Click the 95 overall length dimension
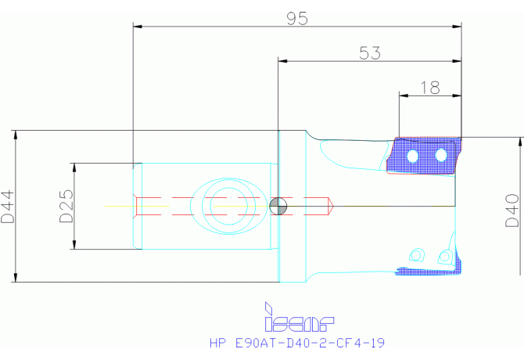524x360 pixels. pos(297,19)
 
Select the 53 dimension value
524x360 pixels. pos(370,53)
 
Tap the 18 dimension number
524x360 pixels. pos(430,88)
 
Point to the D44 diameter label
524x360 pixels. pos(8,207)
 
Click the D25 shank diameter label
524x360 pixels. pos(66,206)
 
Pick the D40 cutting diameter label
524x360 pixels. pos(512,211)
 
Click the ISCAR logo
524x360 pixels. pos(299,317)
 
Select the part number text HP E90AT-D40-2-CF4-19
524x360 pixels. pos(297,343)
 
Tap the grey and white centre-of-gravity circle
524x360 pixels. pos(278,207)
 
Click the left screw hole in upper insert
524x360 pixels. pos(413,156)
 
